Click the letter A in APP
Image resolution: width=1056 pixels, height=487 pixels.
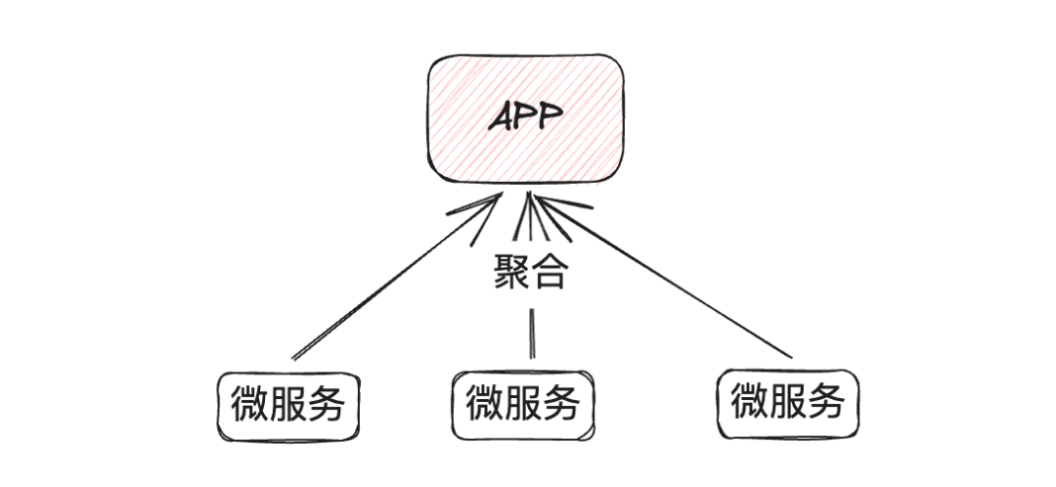tap(501, 118)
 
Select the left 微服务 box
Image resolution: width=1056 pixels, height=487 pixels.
tap(288, 403)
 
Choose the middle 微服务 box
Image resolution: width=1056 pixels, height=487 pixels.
tap(523, 403)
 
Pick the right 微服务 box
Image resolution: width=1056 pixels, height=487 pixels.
tap(787, 401)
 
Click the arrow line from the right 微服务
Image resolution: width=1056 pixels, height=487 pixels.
tap(675, 284)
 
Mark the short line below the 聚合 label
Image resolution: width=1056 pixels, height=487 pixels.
tap(533, 333)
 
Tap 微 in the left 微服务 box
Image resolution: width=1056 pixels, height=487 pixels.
tap(250, 403)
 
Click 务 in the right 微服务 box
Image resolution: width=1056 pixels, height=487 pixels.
tap(825, 401)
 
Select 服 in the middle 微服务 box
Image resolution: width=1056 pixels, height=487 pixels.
tap(523, 403)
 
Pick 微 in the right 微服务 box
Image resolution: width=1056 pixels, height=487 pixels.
tap(749, 401)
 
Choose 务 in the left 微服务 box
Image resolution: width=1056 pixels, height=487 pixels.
tap(327, 403)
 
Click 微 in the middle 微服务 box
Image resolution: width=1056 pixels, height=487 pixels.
tap(485, 403)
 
